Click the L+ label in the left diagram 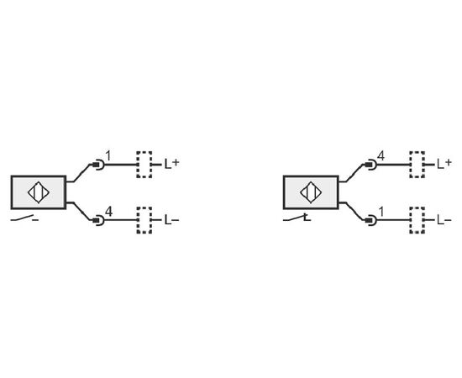click(171, 164)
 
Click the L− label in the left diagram click(171, 220)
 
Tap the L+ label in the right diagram click(444, 164)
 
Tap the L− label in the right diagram click(444, 220)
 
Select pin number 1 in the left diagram click(108, 156)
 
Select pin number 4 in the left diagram click(108, 212)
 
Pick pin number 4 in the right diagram click(381, 156)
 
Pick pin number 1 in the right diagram click(381, 212)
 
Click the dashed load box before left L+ click(144, 165)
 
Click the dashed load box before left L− click(144, 220)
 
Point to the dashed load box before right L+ click(417, 165)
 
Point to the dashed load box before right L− click(417, 220)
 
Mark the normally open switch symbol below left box click(24, 218)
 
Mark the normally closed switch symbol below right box click(297, 218)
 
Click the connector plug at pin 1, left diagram click(98, 165)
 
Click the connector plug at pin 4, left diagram click(98, 220)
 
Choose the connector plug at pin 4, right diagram click(371, 165)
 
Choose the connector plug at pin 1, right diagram click(371, 220)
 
